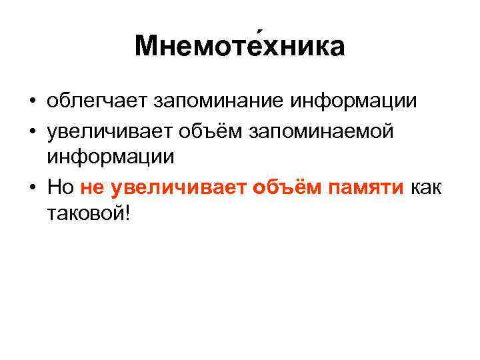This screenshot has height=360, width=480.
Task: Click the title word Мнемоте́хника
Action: pos(239,46)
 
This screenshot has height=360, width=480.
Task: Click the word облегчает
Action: pos(96,102)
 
